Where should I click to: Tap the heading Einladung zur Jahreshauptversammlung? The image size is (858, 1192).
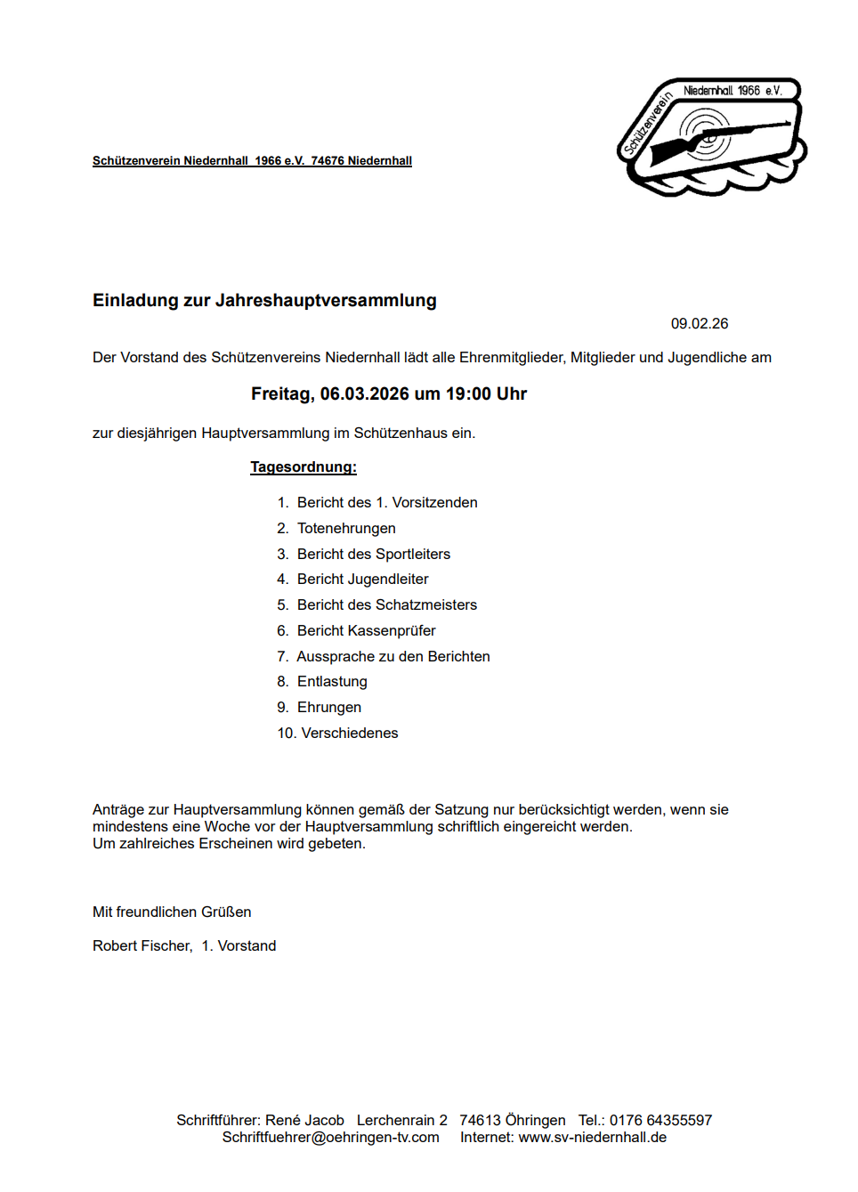264,301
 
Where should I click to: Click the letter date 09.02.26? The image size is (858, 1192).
700,324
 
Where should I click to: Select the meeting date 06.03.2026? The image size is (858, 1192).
364,394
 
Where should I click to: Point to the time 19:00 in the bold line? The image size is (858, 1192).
468,394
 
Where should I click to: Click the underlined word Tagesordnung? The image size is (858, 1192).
303,467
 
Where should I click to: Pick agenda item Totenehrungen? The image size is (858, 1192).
346,529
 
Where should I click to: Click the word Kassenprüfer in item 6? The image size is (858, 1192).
392,631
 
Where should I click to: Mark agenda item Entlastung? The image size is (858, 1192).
332,682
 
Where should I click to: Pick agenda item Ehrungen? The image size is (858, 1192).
329,708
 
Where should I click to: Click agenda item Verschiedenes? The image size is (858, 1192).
350,734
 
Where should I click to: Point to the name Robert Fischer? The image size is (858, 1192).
142,946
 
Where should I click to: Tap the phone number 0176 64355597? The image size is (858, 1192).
660,1121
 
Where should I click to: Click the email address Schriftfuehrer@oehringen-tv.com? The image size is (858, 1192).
331,1138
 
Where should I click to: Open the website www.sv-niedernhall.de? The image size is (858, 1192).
593,1138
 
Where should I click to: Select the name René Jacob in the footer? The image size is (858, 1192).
304,1121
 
